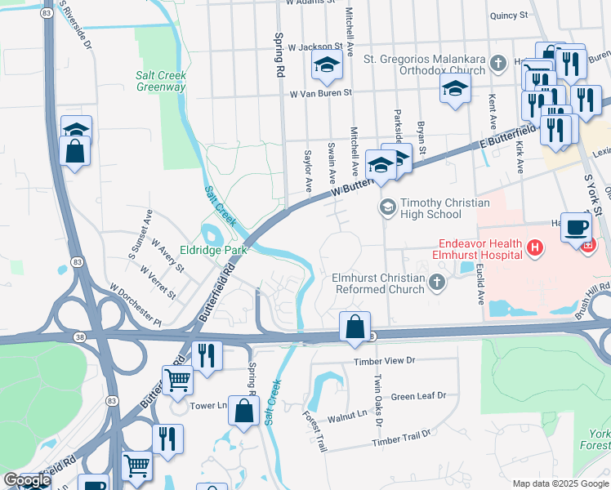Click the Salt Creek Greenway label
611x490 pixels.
[x=161, y=81]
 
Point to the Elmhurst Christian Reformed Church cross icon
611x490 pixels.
[x=437, y=283]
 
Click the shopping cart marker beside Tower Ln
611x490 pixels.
[x=177, y=378]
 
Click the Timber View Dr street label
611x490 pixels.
[x=385, y=360]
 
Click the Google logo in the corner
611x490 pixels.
[x=26, y=480]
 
